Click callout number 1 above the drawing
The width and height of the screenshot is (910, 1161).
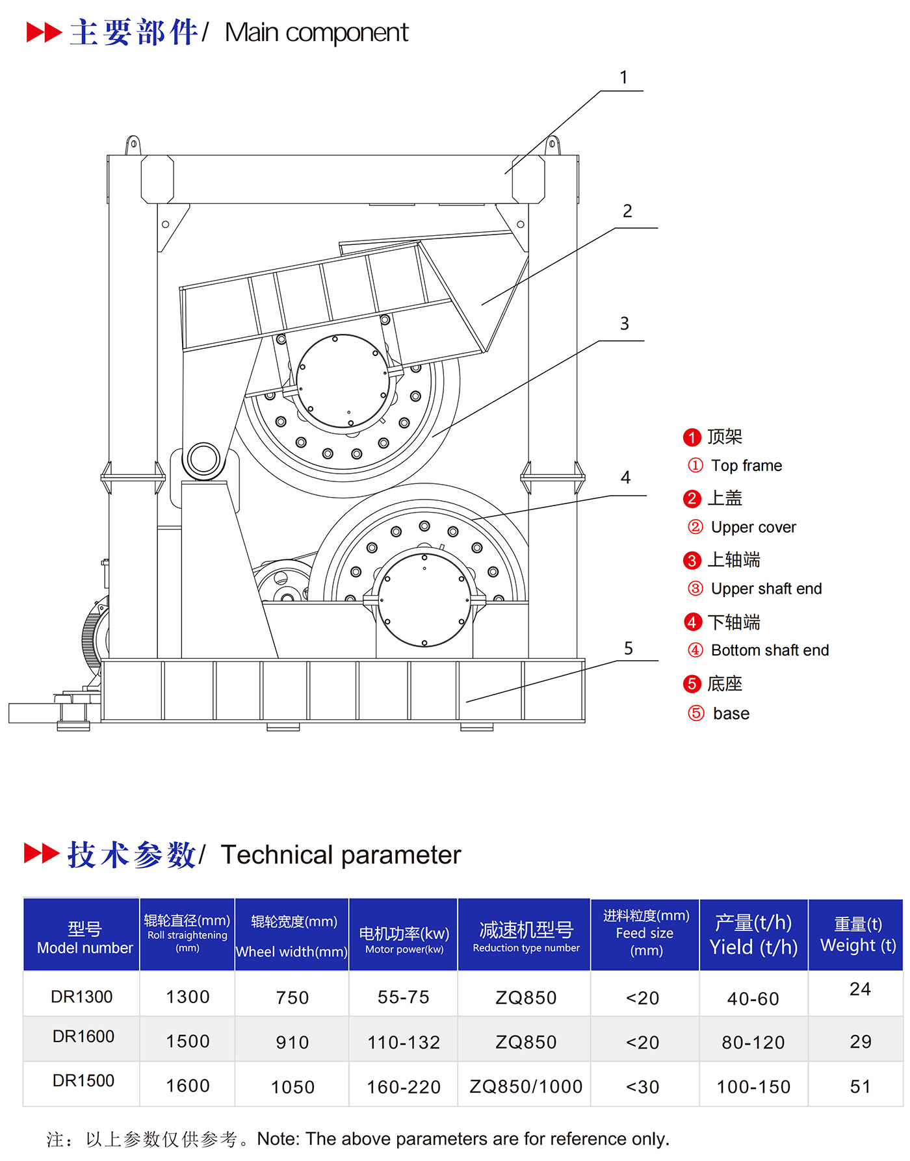(623, 78)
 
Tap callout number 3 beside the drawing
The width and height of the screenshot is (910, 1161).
(624, 324)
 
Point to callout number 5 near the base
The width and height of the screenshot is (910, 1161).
(628, 648)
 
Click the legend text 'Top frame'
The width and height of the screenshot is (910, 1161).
(746, 465)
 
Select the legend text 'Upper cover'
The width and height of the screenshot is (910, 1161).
(753, 527)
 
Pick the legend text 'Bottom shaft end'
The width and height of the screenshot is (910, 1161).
(770, 650)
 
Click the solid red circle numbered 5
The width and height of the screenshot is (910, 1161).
(692, 684)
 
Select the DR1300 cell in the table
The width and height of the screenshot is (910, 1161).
(82, 997)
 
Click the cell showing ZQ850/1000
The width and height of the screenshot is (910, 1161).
(526, 1086)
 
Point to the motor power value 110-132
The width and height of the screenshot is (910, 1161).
(404, 1042)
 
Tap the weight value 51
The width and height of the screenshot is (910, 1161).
(860, 1086)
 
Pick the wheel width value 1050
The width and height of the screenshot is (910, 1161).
(292, 1087)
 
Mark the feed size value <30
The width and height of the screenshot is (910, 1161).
(642, 1086)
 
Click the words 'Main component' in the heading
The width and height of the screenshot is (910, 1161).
(317, 32)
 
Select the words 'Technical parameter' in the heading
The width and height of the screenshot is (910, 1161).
(341, 855)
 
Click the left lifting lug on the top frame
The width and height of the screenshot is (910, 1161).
(133, 145)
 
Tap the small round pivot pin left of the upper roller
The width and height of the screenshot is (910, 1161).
(203, 459)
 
